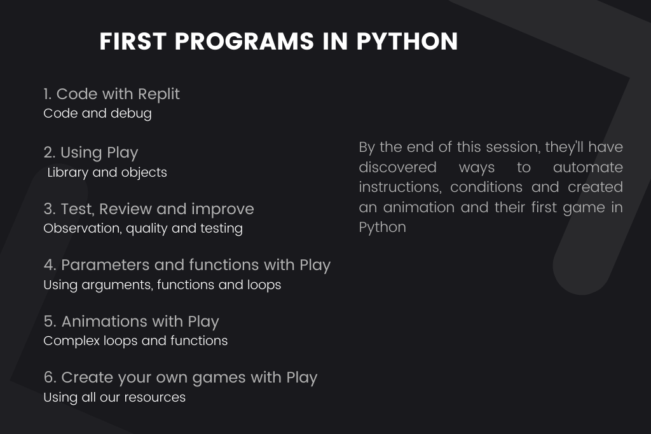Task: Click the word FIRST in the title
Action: click(133, 41)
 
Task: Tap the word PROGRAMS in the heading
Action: click(244, 41)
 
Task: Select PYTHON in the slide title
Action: click(407, 41)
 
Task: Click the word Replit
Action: click(158, 95)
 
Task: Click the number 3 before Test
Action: click(50, 209)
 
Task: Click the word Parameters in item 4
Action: click(106, 265)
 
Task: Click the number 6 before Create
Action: click(50, 377)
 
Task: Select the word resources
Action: click(155, 398)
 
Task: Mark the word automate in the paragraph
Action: click(588, 168)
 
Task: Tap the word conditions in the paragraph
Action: click(486, 187)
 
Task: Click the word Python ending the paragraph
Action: click(382, 227)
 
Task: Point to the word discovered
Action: click(398, 167)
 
